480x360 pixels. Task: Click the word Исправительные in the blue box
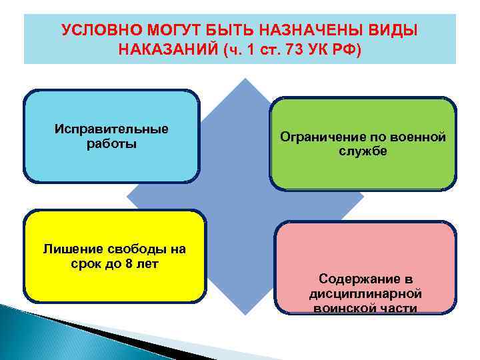[111, 129]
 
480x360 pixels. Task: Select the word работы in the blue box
[111, 143]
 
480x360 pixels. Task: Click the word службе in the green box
[363, 152]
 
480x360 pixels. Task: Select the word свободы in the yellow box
[131, 249]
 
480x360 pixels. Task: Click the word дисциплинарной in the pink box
[363, 293]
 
